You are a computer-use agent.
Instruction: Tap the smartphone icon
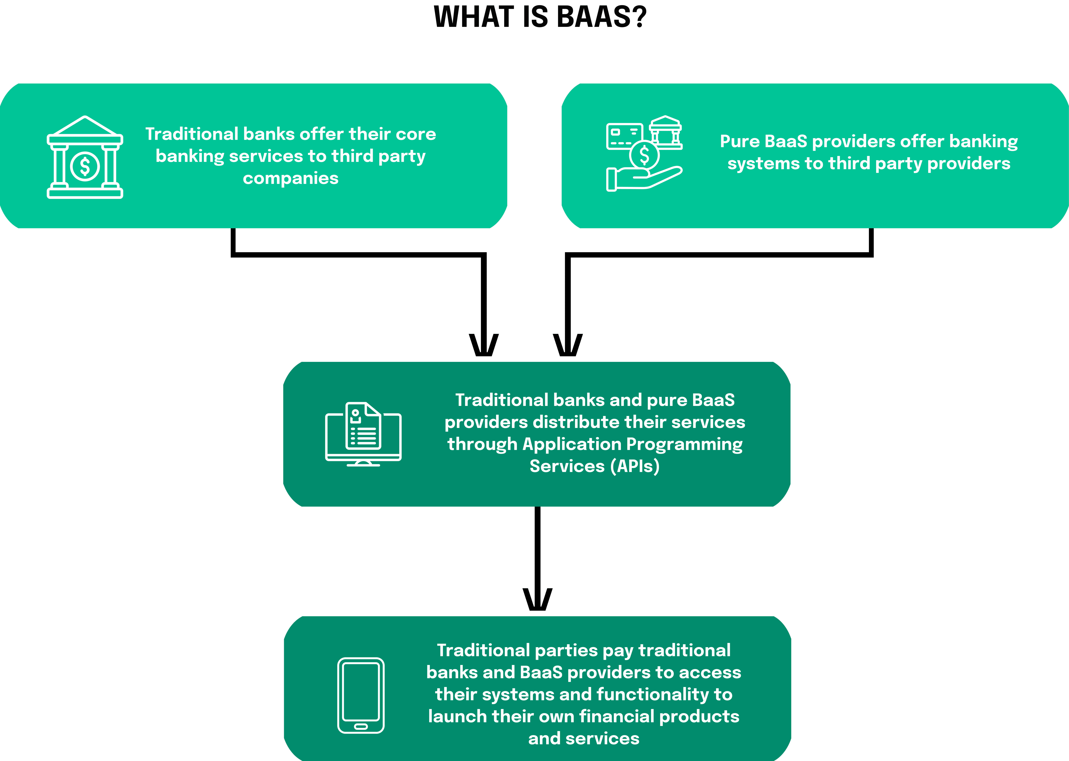tap(361, 695)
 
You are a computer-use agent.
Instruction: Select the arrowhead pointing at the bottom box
tap(538, 600)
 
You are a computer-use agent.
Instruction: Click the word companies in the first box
tap(291, 179)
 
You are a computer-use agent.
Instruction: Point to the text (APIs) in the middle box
tap(635, 466)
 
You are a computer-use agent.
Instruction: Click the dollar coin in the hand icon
tap(644, 155)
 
